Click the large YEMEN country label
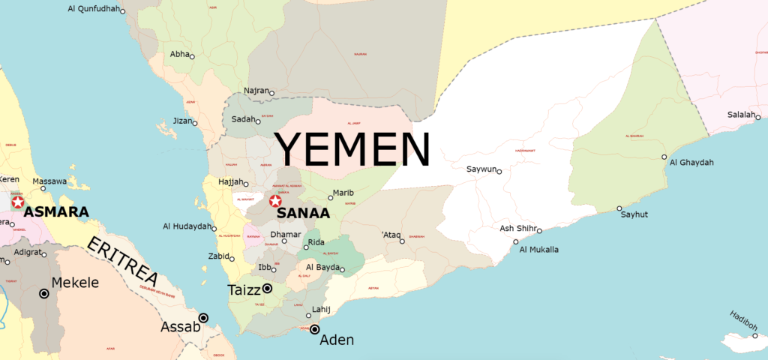[x=351, y=148]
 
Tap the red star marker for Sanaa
[x=275, y=201]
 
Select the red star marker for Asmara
[x=17, y=202]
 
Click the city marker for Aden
[x=315, y=329]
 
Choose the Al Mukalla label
[x=538, y=249]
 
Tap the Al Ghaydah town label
[x=691, y=163]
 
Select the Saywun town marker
[x=499, y=171]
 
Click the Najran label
[x=256, y=91]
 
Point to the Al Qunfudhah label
[x=93, y=9]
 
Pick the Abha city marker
[x=192, y=56]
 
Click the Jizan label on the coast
[x=182, y=120]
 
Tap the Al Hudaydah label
[x=187, y=226]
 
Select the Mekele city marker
[x=44, y=293]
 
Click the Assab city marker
[x=203, y=318]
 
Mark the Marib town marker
[x=331, y=198]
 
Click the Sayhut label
[x=634, y=214]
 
